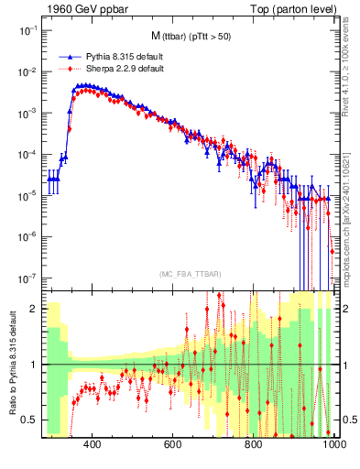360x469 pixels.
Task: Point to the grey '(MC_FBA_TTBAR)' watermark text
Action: (190, 274)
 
